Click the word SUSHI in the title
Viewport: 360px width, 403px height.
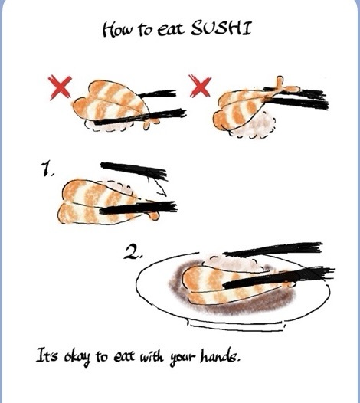point(221,28)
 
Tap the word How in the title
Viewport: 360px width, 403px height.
point(117,29)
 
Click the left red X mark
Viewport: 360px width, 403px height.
point(61,87)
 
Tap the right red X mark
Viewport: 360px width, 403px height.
point(200,86)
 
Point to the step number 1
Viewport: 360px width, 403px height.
point(46,169)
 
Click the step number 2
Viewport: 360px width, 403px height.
point(132,252)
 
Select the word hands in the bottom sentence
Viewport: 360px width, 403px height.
point(220,356)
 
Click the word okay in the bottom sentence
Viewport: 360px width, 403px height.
point(77,357)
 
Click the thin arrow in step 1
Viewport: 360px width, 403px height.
point(157,185)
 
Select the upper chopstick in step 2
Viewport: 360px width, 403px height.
point(273,249)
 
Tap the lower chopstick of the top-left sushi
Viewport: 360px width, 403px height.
point(140,117)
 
